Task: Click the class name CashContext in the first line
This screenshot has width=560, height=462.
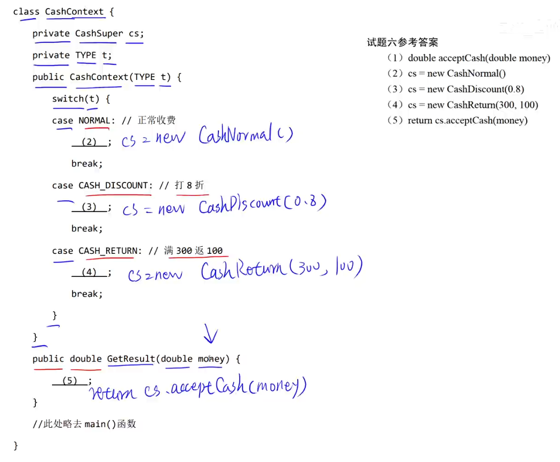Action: click(x=74, y=11)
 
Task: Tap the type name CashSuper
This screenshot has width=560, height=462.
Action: click(x=99, y=33)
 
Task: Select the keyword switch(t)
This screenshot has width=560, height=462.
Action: click(x=76, y=99)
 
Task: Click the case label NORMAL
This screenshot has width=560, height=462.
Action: click(x=94, y=120)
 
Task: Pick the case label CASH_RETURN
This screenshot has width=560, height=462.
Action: click(x=108, y=251)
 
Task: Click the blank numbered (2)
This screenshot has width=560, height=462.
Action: click(x=89, y=142)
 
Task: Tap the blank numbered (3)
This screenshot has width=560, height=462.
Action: click(x=89, y=207)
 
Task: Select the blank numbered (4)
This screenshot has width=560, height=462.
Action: click(x=89, y=272)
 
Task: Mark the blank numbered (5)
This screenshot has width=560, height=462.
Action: click(x=70, y=381)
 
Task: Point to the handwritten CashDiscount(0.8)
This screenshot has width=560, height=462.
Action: click(x=262, y=204)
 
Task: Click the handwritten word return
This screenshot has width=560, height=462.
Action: click(x=113, y=394)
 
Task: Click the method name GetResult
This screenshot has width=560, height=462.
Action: click(x=131, y=358)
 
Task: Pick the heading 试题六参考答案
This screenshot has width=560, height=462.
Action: click(x=402, y=42)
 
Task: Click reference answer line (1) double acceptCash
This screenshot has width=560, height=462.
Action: click(x=468, y=58)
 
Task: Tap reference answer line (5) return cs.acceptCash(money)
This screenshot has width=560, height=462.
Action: click(x=457, y=120)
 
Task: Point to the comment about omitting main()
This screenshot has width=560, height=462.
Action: click(x=84, y=424)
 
